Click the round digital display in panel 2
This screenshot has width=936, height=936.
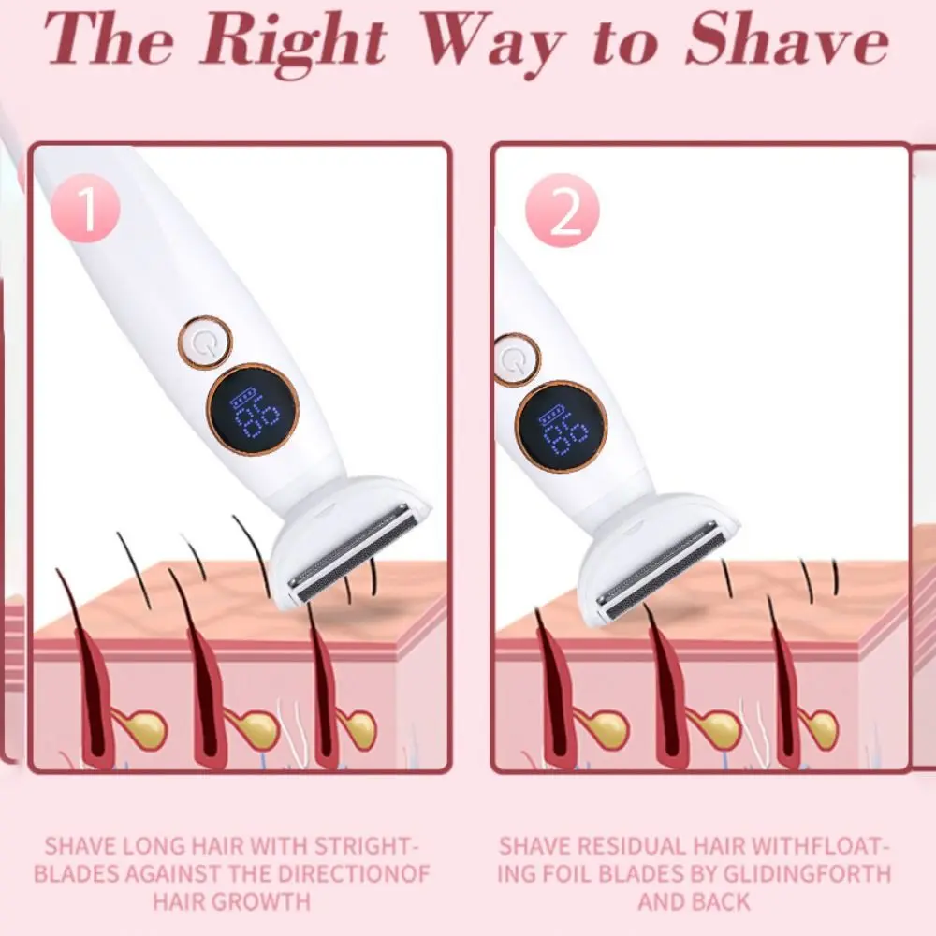point(562,426)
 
